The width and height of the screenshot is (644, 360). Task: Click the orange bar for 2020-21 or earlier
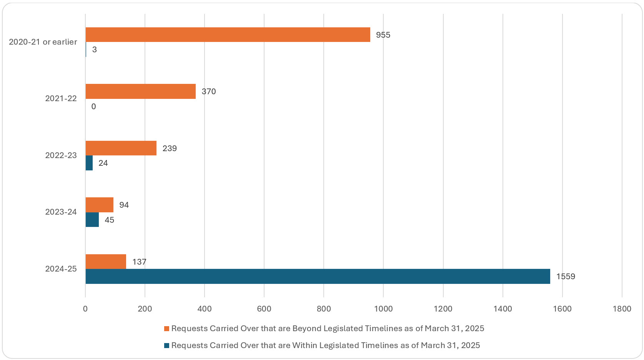tap(228, 35)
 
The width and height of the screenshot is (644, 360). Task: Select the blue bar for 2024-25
tap(318, 277)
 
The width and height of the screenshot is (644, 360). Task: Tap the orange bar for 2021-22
tap(140, 92)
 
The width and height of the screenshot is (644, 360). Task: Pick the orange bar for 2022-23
tap(121, 148)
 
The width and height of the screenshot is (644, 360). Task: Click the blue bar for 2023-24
tap(92, 220)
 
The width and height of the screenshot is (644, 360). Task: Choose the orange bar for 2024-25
tap(106, 262)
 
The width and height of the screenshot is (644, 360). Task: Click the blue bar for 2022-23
tap(89, 163)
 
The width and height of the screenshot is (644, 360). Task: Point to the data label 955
tap(383, 35)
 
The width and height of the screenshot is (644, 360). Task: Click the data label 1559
tap(566, 277)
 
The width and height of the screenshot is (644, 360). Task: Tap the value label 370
tap(209, 92)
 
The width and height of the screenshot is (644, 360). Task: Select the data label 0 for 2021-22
tap(93, 107)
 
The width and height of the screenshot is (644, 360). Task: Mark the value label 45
tap(109, 220)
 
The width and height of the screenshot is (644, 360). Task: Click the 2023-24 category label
tap(61, 212)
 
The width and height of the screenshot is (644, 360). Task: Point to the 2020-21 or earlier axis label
tap(43, 42)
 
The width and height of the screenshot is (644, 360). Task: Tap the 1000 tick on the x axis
tap(383, 308)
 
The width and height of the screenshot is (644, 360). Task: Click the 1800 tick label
tap(622, 308)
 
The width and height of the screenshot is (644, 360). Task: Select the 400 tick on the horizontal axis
tap(205, 308)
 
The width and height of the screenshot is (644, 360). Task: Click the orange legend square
tap(166, 329)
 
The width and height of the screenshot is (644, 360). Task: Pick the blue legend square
tap(166, 346)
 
